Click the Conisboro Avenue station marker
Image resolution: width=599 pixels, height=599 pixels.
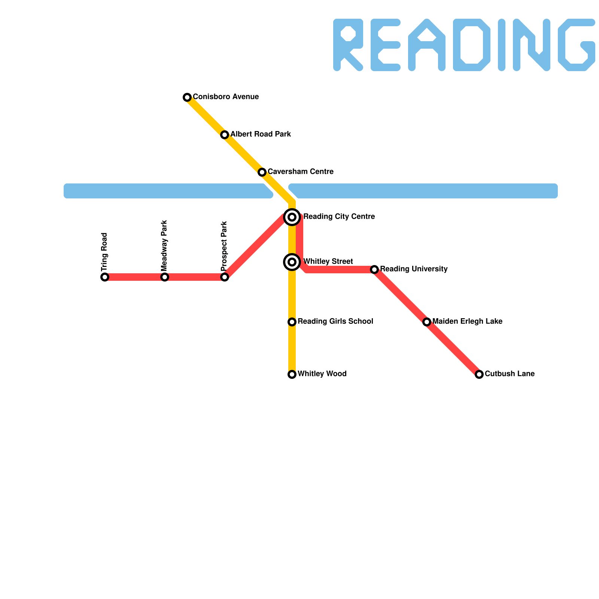click(187, 97)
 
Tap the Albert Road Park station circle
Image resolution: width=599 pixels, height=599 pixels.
click(225, 135)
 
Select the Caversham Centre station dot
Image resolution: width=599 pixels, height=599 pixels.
click(262, 172)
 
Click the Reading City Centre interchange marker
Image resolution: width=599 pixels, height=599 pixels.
click(292, 217)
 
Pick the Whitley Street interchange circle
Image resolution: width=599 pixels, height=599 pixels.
click(292, 262)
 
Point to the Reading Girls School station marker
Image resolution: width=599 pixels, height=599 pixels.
click(292, 322)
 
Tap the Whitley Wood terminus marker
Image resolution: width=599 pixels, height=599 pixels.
click(292, 374)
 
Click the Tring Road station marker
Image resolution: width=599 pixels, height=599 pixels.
click(105, 277)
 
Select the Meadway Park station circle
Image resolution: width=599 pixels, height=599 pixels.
click(165, 277)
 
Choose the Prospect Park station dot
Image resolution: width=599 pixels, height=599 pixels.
click(225, 277)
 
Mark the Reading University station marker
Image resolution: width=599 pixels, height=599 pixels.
click(374, 270)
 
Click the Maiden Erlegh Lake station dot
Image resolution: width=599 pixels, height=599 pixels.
click(427, 322)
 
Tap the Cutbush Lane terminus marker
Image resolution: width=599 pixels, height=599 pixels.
click(479, 374)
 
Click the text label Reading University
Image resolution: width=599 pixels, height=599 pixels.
click(414, 269)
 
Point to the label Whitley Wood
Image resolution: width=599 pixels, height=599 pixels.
click(322, 374)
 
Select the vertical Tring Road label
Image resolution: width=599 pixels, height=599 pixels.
click(104, 252)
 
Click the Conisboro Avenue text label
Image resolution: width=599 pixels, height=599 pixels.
click(226, 97)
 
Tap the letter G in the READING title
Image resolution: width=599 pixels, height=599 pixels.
click(577, 45)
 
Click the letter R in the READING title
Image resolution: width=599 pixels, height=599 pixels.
click(348, 45)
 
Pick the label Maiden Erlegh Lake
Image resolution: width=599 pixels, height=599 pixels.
click(467, 322)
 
